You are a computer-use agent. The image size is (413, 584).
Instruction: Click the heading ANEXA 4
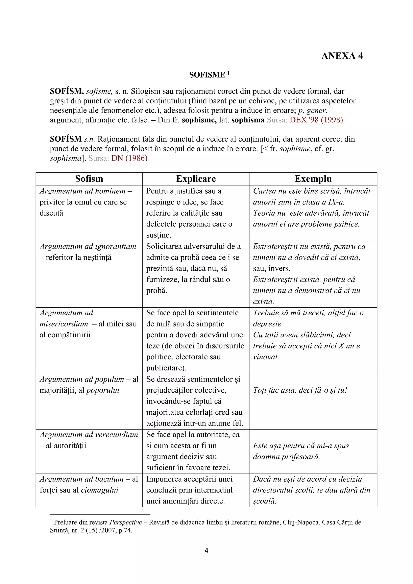click(x=342, y=56)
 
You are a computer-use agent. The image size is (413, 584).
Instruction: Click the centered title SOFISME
click(x=207, y=75)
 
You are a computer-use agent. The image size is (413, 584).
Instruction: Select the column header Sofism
click(x=89, y=179)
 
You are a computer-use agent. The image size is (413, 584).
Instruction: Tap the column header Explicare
click(x=196, y=179)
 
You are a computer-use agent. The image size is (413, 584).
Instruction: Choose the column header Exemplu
click(x=313, y=179)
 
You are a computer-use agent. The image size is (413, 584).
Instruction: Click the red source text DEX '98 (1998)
click(x=316, y=120)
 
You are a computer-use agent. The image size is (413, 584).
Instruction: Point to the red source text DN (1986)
click(x=129, y=158)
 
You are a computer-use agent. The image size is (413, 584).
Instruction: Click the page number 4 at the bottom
click(x=206, y=551)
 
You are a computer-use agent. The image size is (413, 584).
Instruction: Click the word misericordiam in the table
click(x=64, y=324)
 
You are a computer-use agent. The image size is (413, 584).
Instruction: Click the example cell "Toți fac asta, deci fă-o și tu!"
click(x=300, y=390)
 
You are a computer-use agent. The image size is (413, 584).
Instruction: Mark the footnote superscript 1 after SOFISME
click(x=228, y=73)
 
